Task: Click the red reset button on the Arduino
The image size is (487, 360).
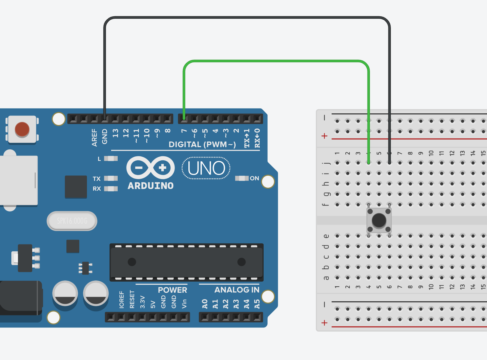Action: click(22, 129)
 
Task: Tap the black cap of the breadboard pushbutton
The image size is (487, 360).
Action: click(379, 220)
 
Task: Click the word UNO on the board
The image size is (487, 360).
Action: click(206, 168)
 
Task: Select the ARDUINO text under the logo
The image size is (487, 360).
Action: click(151, 186)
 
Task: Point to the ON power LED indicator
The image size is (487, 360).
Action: click(242, 178)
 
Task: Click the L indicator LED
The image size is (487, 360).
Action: click(111, 158)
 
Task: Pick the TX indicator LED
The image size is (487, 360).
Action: click(111, 178)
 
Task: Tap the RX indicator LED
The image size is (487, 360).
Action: click(111, 189)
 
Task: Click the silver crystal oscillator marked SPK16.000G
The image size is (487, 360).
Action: click(72, 221)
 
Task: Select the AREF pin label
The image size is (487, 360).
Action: click(94, 137)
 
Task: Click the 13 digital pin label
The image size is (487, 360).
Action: click(115, 133)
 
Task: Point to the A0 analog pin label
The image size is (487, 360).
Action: click(205, 304)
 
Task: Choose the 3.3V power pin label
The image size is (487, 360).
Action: click(143, 302)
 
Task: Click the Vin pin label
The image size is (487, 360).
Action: click(184, 303)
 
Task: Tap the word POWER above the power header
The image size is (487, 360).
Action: click(172, 290)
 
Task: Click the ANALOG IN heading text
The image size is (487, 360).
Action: click(237, 290)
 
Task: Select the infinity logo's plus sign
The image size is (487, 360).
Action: click(163, 168)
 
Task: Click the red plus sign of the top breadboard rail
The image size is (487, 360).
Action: click(324, 136)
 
